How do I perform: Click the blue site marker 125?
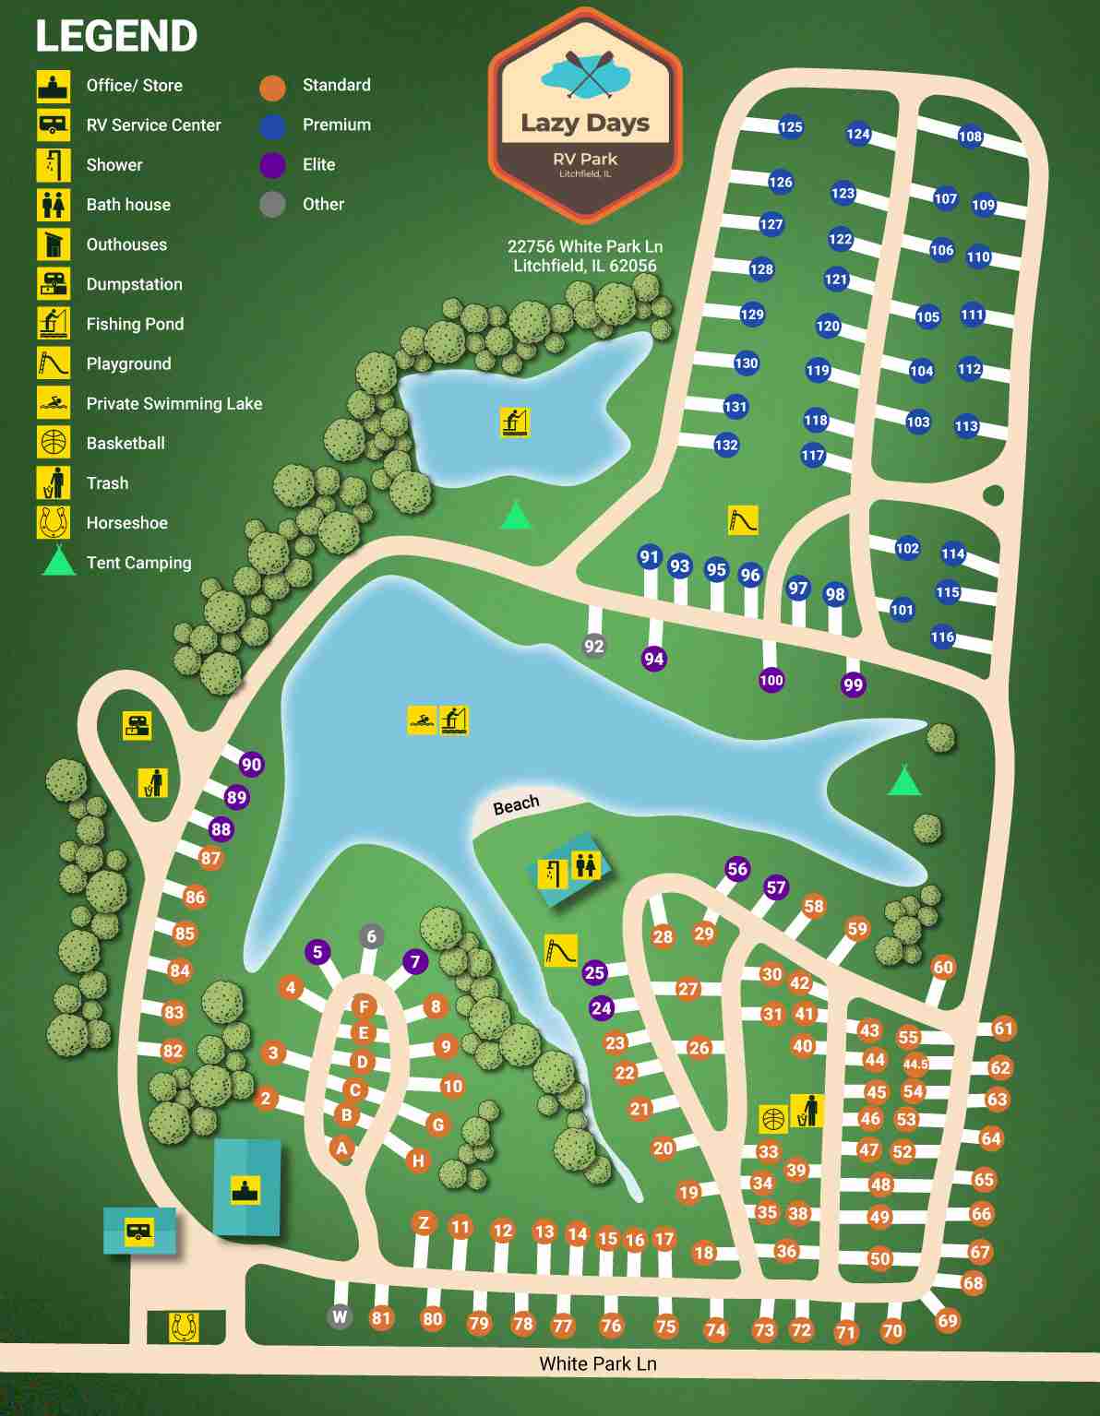point(790,127)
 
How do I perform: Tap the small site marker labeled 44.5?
point(915,1064)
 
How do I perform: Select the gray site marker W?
point(340,1316)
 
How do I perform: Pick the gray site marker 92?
point(594,646)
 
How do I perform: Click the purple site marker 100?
point(771,681)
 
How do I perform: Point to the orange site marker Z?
point(424,1223)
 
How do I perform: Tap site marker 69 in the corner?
point(948,1320)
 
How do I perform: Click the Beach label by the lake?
point(516,805)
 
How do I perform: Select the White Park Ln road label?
point(598,1363)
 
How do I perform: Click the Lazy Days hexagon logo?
point(585,115)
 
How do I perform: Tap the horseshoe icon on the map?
point(185,1327)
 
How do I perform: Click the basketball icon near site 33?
point(773,1118)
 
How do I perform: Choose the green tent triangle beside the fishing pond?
point(516,515)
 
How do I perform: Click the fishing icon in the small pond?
point(515,422)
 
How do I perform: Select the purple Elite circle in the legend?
point(272,165)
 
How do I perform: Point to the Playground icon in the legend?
point(54,363)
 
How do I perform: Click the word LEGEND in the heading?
point(116,36)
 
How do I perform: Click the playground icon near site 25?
point(560,950)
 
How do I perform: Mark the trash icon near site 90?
point(153,782)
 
